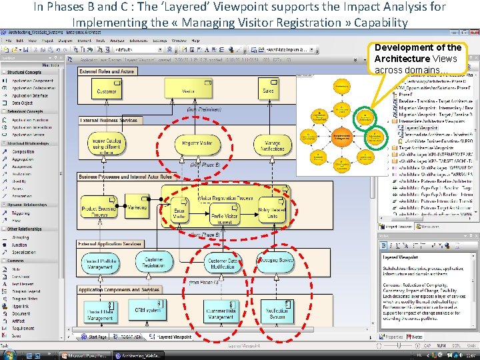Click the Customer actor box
pyautogui.click(x=107, y=90)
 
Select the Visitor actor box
pyautogui.click(x=187, y=90)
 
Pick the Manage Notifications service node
pyautogui.click(x=273, y=143)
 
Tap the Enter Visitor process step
pyautogui.click(x=179, y=213)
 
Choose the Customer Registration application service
pyautogui.click(x=154, y=263)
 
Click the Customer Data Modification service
pyautogui.click(x=222, y=263)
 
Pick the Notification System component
pyautogui.click(x=277, y=311)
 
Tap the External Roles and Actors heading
pyautogui.click(x=107, y=71)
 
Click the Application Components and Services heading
pyautogui.click(x=119, y=290)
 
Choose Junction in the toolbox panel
pyautogui.click(x=20, y=245)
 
